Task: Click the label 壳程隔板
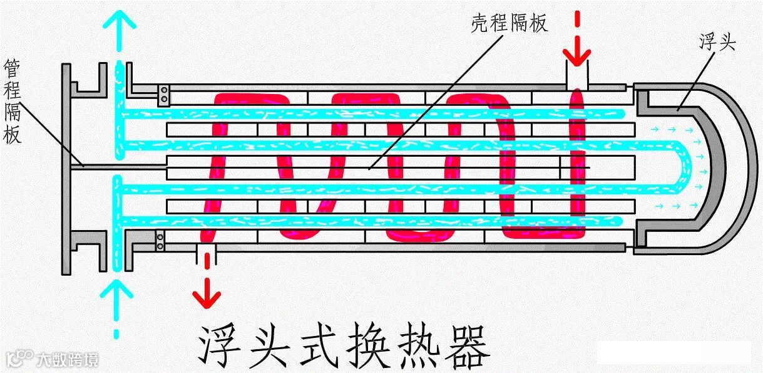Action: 510,23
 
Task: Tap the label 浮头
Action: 717,43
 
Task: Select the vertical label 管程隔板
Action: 13,101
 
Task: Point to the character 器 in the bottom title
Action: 464,345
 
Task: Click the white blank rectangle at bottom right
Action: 673,352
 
